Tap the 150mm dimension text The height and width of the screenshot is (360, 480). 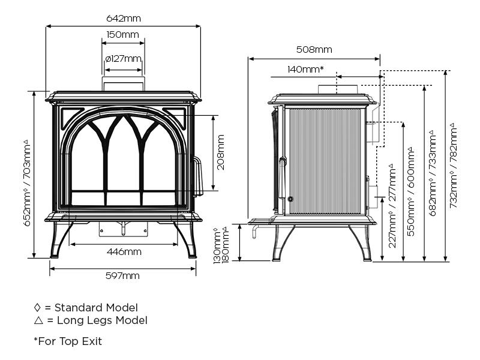click(122, 35)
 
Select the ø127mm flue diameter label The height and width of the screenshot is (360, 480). click(123, 59)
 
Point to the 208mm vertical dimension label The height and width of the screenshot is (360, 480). click(221, 152)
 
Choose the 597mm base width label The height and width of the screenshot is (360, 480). click(122, 276)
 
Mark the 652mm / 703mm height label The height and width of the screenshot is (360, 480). click(27, 183)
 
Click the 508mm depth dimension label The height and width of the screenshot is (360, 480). click(314, 50)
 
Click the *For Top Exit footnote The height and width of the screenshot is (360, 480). click(68, 341)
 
